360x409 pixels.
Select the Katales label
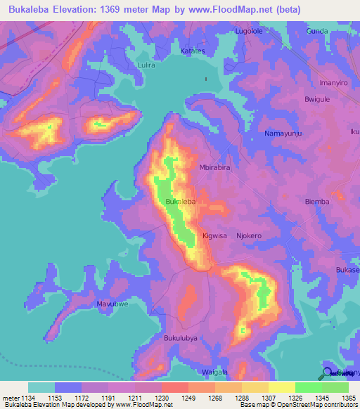coord(193,51)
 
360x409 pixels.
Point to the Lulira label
coord(146,65)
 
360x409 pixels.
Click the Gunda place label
coord(318,32)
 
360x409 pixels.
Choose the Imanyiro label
coord(333,82)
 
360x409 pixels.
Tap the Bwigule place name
coord(317,100)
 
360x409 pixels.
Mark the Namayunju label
coord(283,133)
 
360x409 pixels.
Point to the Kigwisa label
coord(214,236)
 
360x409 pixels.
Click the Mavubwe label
coord(112,304)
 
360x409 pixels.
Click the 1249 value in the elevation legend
coord(188,398)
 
